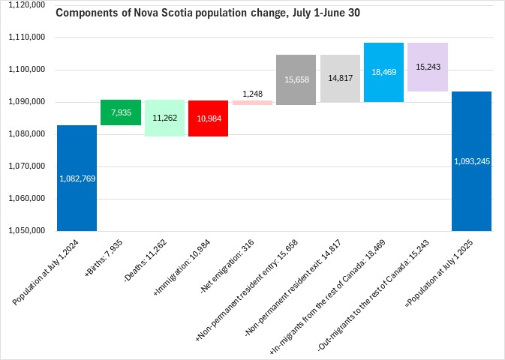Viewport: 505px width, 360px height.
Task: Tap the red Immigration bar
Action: (208, 118)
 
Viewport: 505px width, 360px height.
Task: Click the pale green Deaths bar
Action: (164, 118)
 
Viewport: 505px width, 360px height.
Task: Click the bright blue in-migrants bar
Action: (383, 72)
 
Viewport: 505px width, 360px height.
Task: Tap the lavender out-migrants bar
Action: (427, 67)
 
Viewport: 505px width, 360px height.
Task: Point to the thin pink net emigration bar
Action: (252, 103)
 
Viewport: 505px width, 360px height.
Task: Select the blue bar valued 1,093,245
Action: (471, 160)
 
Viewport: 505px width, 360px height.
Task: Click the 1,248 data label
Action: (252, 94)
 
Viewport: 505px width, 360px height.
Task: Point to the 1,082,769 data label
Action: (77, 178)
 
